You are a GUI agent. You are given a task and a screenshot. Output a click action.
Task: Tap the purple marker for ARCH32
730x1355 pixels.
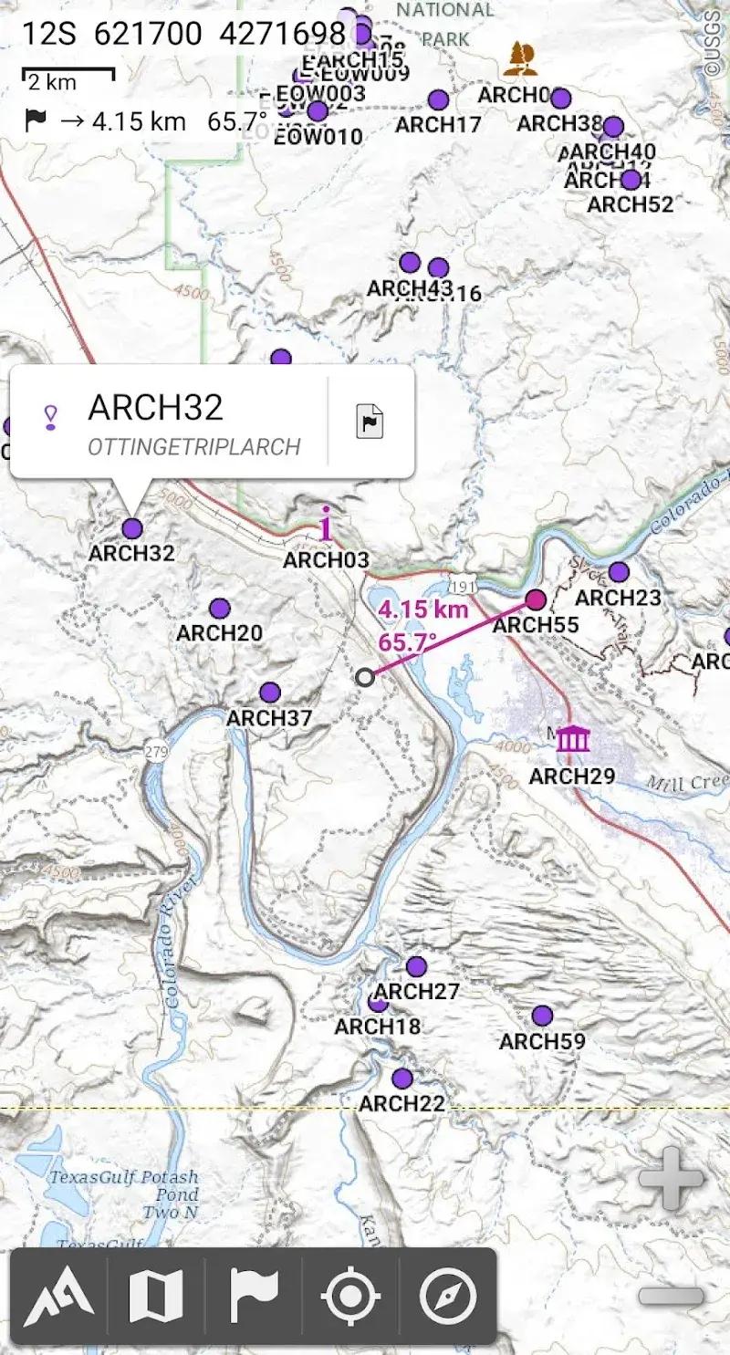[132, 528]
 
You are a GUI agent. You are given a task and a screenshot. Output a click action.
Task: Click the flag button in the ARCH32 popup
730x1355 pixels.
[370, 422]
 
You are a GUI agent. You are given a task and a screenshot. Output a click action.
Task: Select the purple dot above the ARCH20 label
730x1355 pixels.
[219, 609]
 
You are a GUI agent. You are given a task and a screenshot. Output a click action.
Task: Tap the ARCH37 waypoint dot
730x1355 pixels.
[269, 693]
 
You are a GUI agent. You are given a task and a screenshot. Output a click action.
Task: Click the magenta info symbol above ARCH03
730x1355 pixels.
[327, 524]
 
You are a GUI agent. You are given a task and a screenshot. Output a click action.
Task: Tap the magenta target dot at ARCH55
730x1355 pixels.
[536, 599]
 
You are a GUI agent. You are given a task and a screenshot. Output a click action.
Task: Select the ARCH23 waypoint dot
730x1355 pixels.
[619, 572]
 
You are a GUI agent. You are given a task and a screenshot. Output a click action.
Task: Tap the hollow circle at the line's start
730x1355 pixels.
[365, 676]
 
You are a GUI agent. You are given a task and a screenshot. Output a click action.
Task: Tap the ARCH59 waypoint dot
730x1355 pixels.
[542, 1016]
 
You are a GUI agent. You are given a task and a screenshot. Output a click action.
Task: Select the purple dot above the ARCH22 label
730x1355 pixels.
[402, 1079]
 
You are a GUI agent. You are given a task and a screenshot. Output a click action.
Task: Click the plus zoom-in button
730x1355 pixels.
[671, 1178]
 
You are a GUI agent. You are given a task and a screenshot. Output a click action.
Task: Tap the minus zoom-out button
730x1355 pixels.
[671, 1296]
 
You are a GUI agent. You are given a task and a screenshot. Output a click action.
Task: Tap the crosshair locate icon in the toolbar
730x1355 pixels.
[351, 1297]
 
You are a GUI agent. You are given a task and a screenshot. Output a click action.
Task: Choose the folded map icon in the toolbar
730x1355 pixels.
[156, 1297]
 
